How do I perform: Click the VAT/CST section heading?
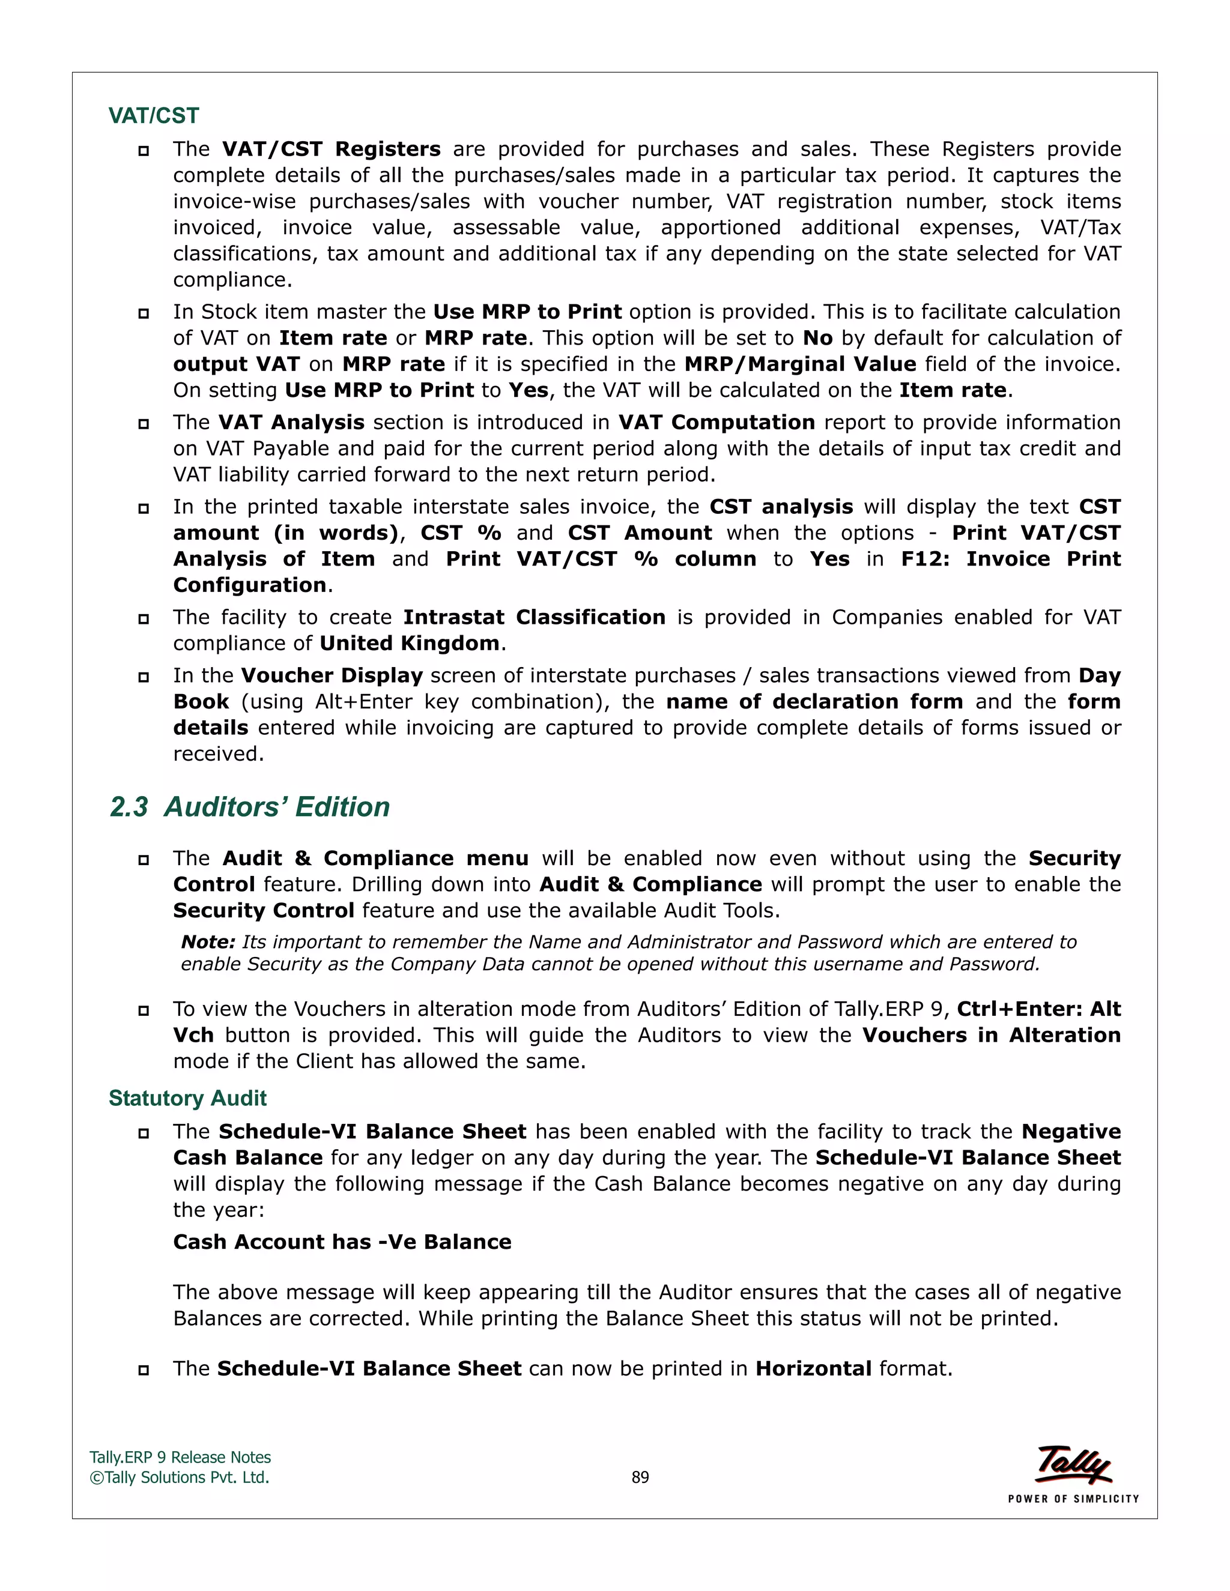click(153, 116)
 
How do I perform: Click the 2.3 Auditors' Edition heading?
click(249, 807)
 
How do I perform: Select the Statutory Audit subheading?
click(187, 1098)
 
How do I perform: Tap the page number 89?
click(640, 1478)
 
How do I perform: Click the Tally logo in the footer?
click(1073, 1464)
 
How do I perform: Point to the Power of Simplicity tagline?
click(1073, 1499)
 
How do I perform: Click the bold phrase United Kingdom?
click(409, 643)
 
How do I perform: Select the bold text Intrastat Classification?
click(534, 617)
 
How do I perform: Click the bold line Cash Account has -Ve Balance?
click(342, 1242)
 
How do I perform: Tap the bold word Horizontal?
click(813, 1368)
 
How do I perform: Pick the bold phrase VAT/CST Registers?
click(331, 149)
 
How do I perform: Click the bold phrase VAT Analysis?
click(291, 422)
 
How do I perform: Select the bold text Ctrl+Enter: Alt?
click(1038, 1009)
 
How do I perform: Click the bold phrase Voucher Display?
click(332, 675)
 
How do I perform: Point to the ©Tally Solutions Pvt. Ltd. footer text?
click(179, 1478)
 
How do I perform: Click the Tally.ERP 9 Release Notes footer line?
click(179, 1457)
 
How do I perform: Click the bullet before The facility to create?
click(144, 618)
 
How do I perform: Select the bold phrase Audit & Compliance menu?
click(375, 858)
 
